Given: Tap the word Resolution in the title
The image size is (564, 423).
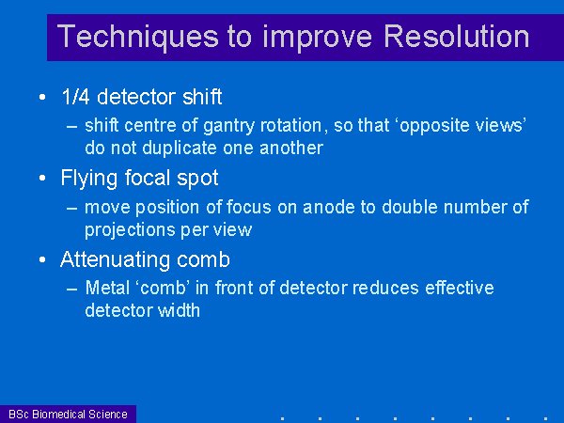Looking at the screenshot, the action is point(457,36).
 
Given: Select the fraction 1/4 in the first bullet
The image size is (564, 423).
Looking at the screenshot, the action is point(75,97).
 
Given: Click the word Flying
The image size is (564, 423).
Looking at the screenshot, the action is point(89,179).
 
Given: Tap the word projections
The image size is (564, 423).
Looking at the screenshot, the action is point(130,230).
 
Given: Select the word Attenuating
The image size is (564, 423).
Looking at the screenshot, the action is point(115,260).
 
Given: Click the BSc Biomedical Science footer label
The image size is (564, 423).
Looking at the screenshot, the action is point(68,414).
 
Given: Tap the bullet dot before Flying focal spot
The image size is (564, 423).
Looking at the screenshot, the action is point(42,178).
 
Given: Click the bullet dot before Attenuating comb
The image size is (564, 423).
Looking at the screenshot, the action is point(42,259).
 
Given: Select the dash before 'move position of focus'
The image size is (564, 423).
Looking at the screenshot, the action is point(72,209).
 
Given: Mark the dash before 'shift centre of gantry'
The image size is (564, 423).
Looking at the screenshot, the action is point(72,127).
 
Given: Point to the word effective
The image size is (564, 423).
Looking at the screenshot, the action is point(460,288).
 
